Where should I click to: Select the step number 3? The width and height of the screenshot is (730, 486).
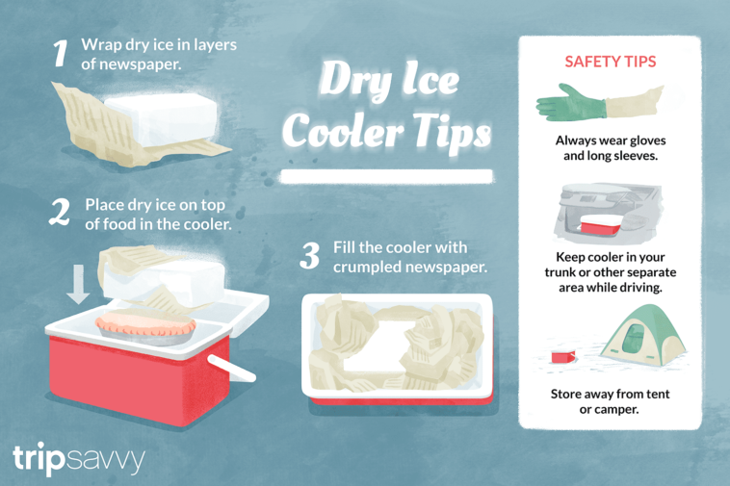click(x=309, y=256)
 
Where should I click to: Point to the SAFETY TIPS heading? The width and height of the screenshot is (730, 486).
click(x=610, y=62)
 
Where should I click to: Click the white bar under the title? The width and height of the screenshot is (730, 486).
click(x=385, y=177)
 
